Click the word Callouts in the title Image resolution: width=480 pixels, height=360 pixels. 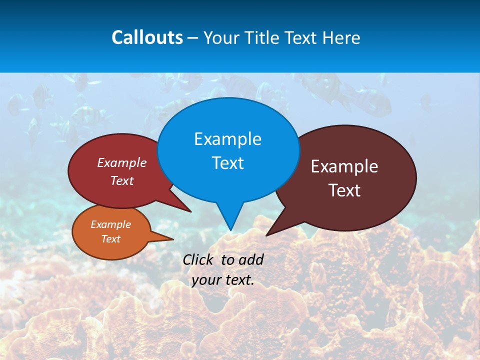click(x=147, y=37)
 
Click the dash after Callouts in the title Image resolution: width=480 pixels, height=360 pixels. click(x=193, y=38)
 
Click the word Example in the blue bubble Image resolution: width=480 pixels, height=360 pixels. click(x=227, y=139)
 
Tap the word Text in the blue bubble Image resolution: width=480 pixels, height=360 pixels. click(x=227, y=163)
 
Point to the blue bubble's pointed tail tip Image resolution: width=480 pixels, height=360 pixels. click(x=230, y=229)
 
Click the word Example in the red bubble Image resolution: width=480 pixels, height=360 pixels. click(x=122, y=162)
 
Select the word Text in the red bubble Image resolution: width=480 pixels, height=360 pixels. click(x=122, y=180)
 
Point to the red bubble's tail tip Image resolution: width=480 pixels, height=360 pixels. click(x=190, y=211)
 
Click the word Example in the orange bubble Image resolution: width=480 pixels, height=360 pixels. click(x=110, y=224)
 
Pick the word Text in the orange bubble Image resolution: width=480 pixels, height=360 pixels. click(x=110, y=239)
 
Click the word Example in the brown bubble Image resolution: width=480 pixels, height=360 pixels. click(x=344, y=166)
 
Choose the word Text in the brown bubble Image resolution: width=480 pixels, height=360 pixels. click(x=344, y=190)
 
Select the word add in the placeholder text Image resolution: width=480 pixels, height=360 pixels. click(x=251, y=259)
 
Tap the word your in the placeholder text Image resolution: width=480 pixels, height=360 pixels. click(x=205, y=280)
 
